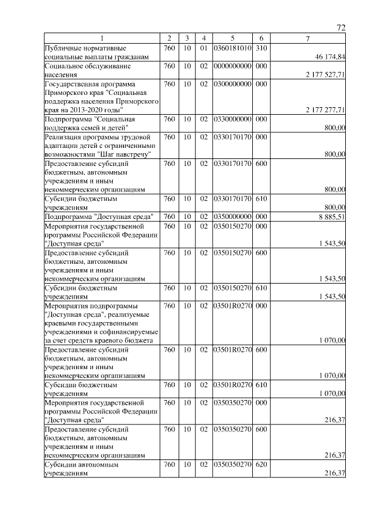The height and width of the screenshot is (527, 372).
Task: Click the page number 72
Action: tap(341, 28)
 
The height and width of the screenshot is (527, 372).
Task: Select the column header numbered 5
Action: tap(233, 38)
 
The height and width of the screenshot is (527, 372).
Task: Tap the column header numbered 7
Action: tap(308, 38)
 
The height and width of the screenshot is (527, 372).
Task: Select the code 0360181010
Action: tap(233, 47)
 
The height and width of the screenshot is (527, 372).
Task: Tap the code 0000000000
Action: tap(233, 66)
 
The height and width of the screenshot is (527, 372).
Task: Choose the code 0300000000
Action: tap(233, 84)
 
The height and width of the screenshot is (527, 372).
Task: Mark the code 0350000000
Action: tap(233, 216)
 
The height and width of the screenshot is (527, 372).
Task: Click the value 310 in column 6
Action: tap(261, 47)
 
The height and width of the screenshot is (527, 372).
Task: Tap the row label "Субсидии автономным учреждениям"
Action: tap(81, 469)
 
